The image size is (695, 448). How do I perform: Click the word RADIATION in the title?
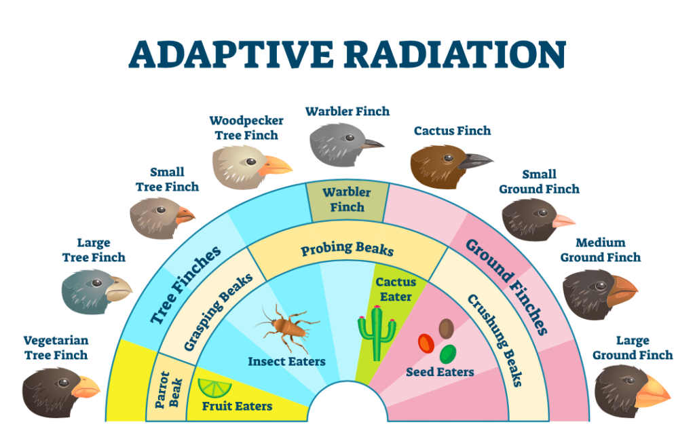455,54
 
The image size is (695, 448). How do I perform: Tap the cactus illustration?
377,333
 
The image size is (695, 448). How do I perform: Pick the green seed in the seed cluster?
448,354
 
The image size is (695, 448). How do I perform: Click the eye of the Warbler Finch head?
350,138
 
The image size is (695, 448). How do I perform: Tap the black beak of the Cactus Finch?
474,161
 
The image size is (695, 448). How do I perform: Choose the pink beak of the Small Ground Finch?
563,221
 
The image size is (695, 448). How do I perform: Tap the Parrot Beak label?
169,390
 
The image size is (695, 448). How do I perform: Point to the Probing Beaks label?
347,249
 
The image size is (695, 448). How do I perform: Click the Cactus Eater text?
396,289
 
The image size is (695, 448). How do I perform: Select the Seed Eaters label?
440,372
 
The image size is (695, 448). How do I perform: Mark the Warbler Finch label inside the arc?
347,200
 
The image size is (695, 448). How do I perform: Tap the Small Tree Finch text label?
167,179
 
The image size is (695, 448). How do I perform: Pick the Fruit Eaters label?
237,406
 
